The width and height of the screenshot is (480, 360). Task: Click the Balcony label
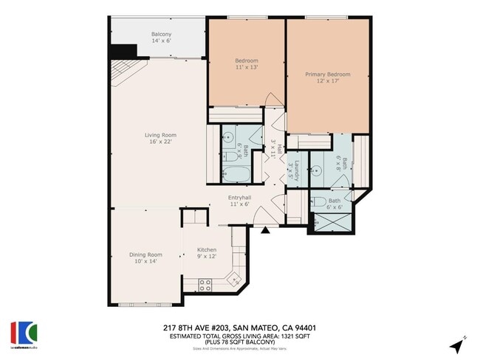click(x=162, y=34)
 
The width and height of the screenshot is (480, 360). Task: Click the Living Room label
click(x=160, y=134)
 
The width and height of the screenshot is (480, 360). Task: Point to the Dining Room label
click(x=145, y=255)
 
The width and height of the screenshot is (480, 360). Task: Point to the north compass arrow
click(x=459, y=345)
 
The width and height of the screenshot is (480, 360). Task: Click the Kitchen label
click(x=206, y=250)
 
